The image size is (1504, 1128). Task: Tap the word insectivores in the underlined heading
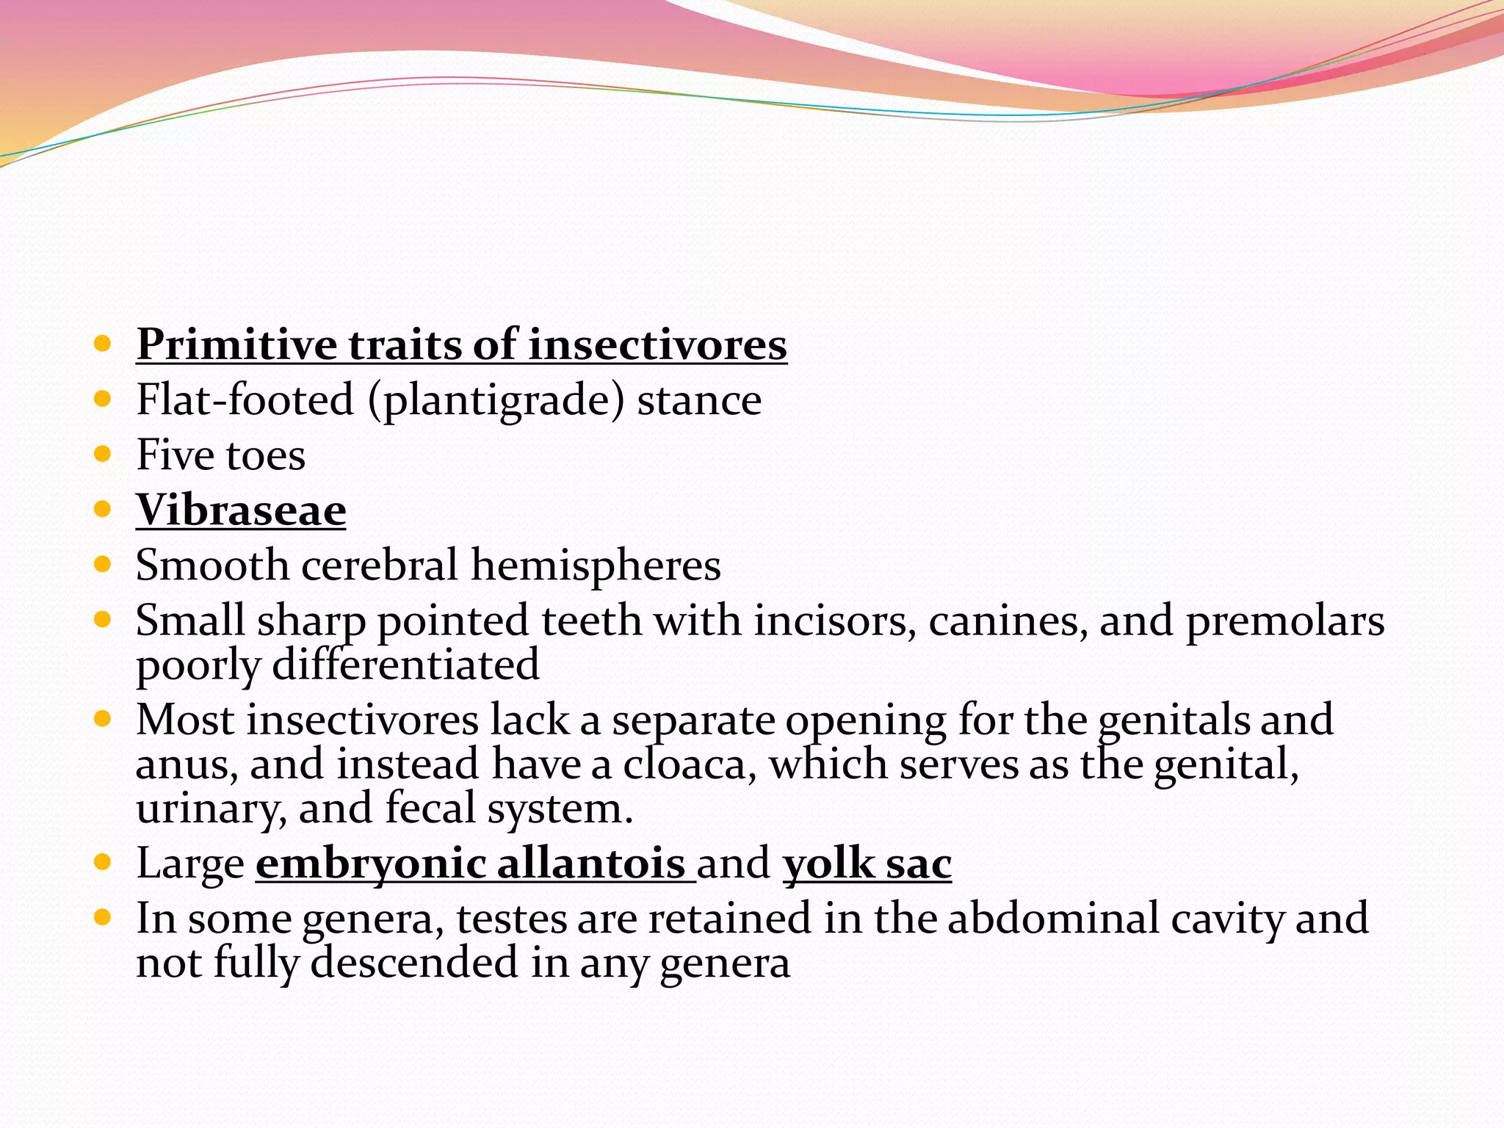[x=657, y=345]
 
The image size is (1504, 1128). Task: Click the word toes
[x=265, y=455]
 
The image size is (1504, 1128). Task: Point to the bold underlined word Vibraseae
[x=241, y=510]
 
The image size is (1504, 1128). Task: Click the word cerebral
[x=380, y=565]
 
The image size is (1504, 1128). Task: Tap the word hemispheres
[x=596, y=565]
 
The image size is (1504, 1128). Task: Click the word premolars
[x=1285, y=621]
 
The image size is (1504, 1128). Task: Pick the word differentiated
[x=405, y=665]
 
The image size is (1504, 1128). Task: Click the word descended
[x=414, y=963]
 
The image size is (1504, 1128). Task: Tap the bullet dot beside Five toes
[x=102, y=454]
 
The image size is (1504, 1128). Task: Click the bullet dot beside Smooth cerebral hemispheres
[x=102, y=564]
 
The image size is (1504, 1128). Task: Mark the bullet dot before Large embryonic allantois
[x=102, y=861]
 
